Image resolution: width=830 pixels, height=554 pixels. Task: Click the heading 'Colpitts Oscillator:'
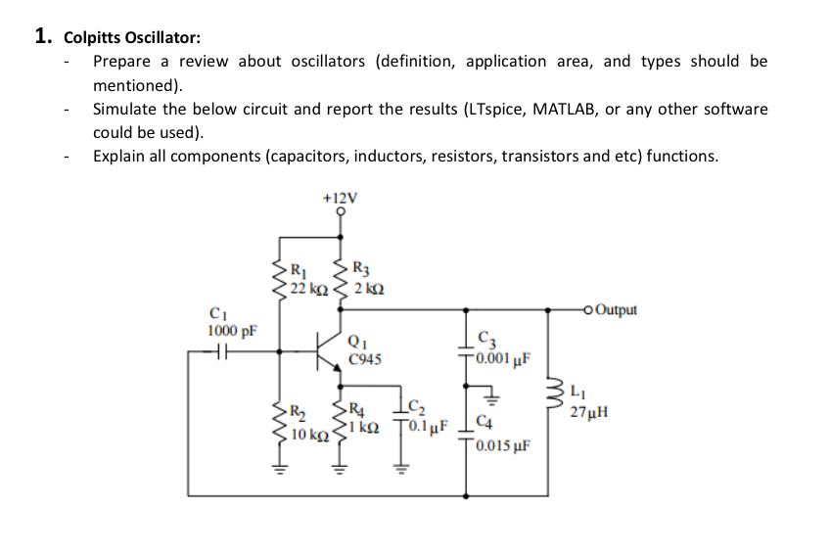(132, 38)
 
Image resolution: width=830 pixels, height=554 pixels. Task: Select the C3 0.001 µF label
(503, 348)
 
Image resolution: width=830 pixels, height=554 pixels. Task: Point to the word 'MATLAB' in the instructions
(568, 108)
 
